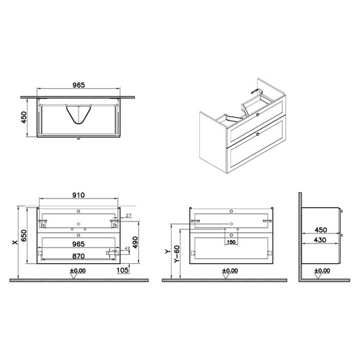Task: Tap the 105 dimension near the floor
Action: [122, 270]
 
